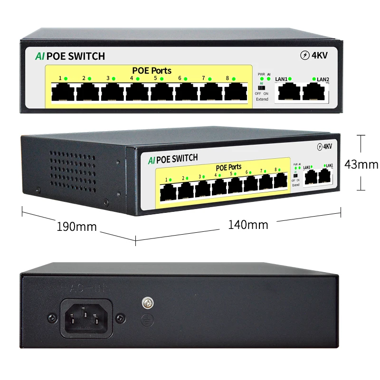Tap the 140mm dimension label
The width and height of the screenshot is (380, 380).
coord(248,224)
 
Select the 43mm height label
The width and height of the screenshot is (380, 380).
coord(361,164)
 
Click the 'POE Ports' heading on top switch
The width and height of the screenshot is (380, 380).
coord(152,71)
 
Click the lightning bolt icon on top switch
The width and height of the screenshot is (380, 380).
coord(305,55)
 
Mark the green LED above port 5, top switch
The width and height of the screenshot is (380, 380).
coord(162,78)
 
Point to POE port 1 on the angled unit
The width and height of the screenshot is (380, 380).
coord(168,191)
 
